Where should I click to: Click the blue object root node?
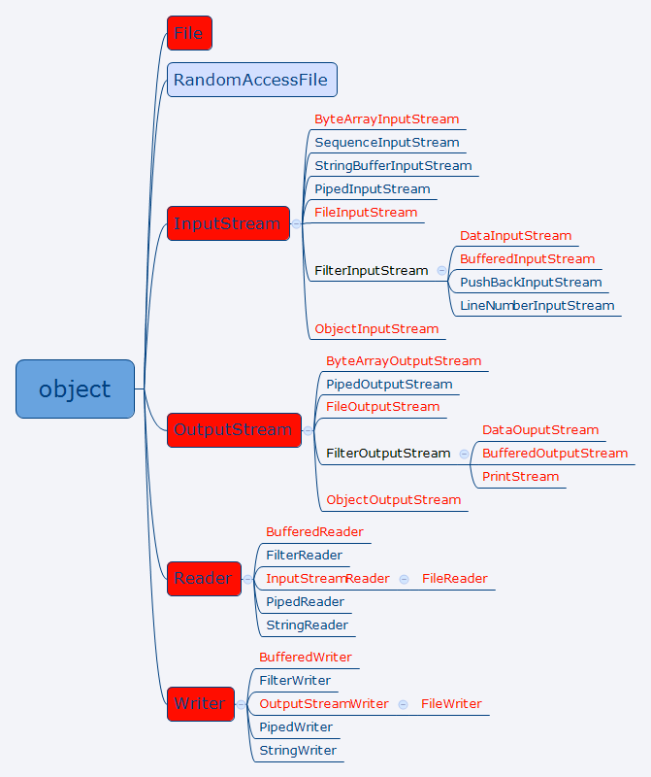76,389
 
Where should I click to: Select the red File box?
189,33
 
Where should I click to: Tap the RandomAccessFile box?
252,80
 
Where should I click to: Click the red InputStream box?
228,223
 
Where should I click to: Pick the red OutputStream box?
234,430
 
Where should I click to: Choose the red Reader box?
204,579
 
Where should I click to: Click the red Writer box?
201,704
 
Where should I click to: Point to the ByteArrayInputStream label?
387,119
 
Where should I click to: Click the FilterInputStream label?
372,271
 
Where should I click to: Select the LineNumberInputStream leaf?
537,306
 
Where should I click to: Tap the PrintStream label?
520,477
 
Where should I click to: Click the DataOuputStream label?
540,430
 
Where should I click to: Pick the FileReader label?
454,579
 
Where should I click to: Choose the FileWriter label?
451,704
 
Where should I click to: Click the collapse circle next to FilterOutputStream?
464,454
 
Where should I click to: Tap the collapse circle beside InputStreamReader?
404,579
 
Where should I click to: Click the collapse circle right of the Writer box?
241,705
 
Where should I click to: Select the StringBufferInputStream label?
393,166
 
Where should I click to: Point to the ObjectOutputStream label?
394,500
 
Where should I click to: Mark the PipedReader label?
305,602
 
